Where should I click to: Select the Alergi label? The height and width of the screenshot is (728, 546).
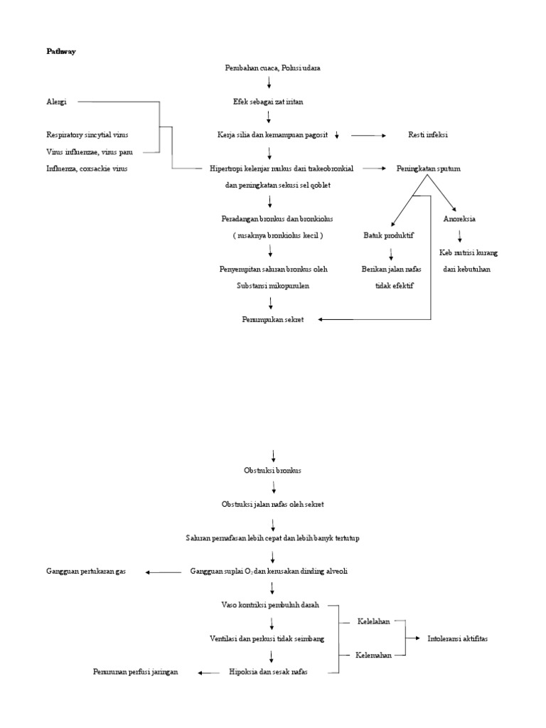pyautogui.click(x=56, y=102)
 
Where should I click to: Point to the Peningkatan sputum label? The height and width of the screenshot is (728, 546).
pyautogui.click(x=428, y=168)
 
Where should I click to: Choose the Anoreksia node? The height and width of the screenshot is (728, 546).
pyautogui.click(x=459, y=218)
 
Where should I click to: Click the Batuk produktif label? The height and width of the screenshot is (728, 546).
pyautogui.click(x=389, y=235)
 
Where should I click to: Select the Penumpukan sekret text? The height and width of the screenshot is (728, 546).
pyautogui.click(x=273, y=319)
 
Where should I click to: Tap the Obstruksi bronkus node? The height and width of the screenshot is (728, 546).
pyautogui.click(x=272, y=471)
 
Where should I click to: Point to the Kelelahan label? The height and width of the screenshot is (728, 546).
pyautogui.click(x=373, y=621)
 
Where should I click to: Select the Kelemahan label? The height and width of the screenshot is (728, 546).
pyautogui.click(x=374, y=655)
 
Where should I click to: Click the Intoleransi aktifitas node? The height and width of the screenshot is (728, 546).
pyautogui.click(x=458, y=638)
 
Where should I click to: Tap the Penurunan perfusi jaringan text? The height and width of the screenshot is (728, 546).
pyautogui.click(x=135, y=672)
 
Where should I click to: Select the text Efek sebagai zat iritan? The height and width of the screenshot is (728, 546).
pyautogui.click(x=269, y=102)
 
